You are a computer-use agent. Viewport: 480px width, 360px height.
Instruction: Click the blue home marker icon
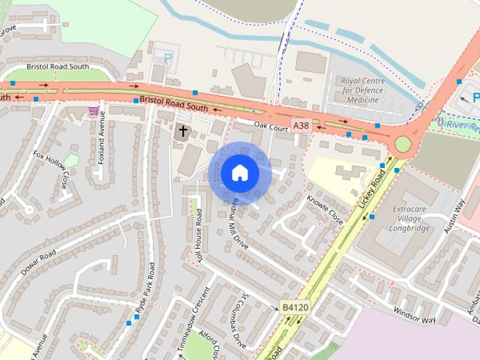(240, 172)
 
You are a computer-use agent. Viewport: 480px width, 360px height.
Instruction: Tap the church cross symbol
(182, 131)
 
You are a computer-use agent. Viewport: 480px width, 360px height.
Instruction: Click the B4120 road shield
(293, 307)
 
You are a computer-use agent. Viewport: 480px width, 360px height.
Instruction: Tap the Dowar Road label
(39, 260)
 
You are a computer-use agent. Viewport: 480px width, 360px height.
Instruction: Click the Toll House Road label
(199, 233)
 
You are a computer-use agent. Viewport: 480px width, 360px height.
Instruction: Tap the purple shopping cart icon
(93, 111)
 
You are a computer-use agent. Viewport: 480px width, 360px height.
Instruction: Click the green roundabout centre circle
(403, 143)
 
